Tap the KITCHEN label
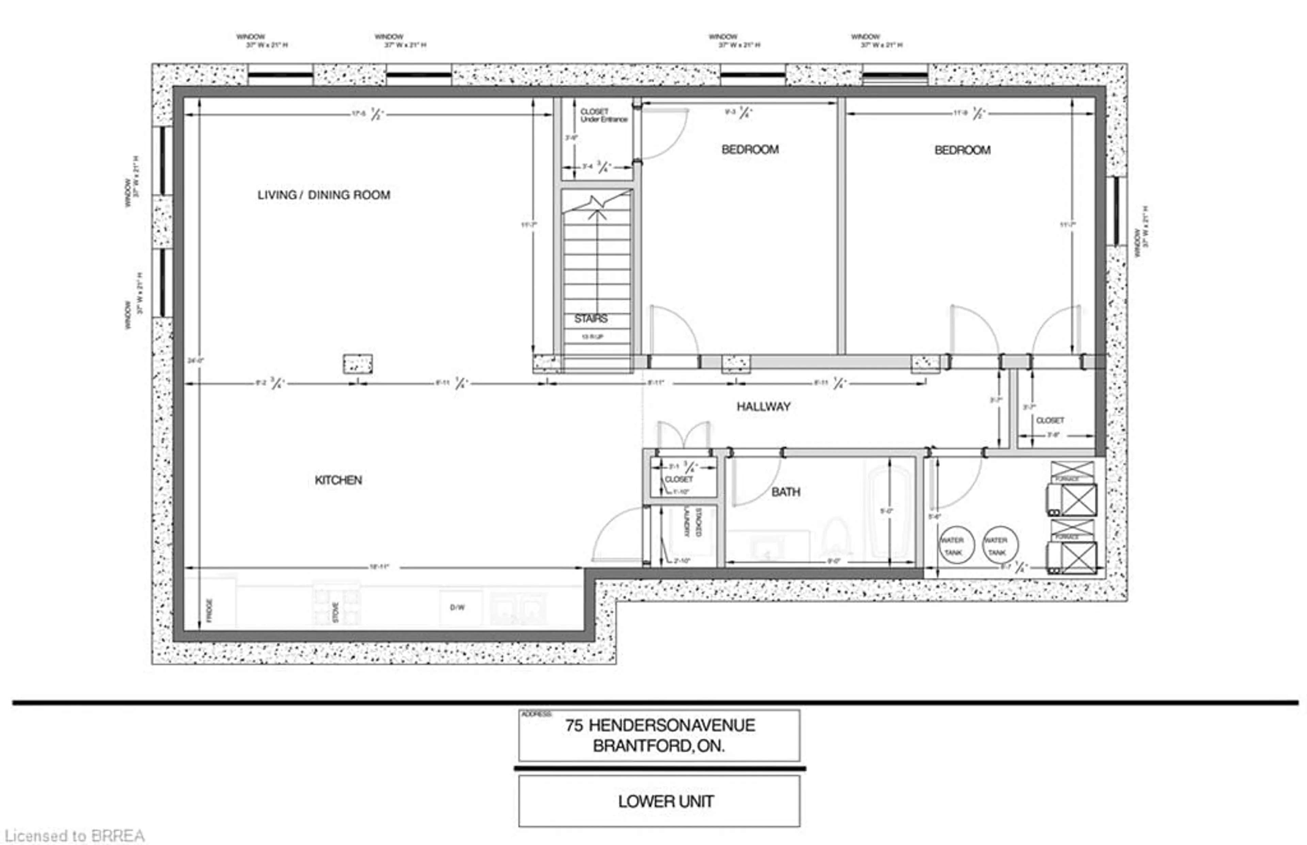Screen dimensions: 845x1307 338,481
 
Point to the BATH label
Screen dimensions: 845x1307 786,492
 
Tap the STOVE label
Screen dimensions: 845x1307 335,612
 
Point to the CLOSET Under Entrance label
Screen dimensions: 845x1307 603,115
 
